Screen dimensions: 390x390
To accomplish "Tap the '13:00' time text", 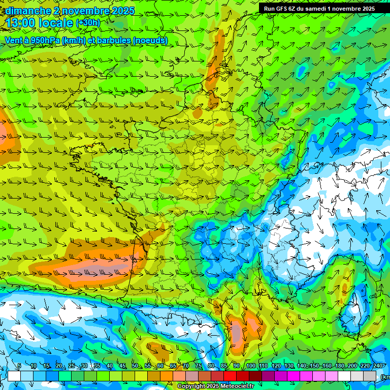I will tap(21, 23).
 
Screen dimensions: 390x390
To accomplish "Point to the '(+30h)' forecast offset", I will tap(88, 23).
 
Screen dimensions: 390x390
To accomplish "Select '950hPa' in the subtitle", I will tap(45, 41).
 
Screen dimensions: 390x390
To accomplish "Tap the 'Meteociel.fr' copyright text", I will tap(235, 386).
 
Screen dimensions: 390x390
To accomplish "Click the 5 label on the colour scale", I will tap(19, 366).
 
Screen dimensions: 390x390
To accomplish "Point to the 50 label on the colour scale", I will tap(135, 366).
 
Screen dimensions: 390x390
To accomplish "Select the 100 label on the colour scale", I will tap(250, 366).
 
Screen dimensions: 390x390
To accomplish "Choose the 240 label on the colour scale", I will tap(378, 366).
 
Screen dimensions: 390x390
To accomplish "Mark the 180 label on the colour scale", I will tap(339, 366).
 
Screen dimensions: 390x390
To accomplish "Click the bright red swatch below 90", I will tap(230, 376).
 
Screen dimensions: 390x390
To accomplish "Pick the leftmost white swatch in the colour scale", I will tap(14, 376).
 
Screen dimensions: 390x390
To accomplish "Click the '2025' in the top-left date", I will tap(120, 11).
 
